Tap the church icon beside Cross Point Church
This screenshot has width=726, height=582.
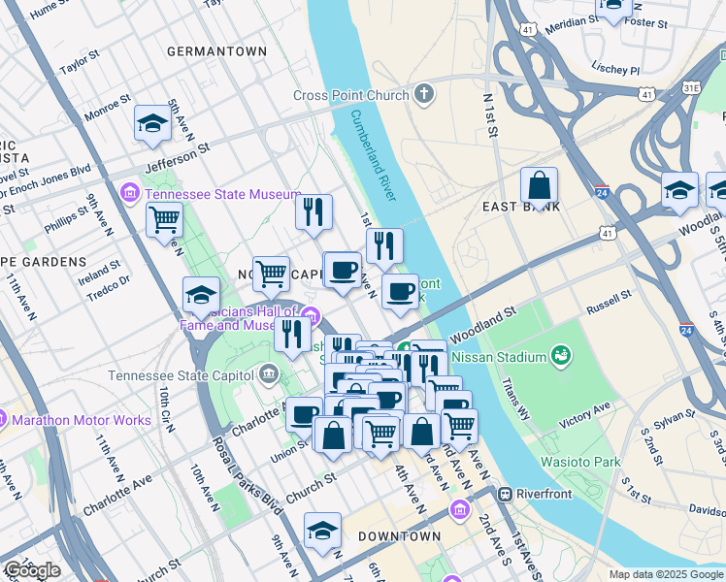[423, 95]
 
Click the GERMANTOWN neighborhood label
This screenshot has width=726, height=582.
[216, 50]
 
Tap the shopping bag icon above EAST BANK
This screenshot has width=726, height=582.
[539, 184]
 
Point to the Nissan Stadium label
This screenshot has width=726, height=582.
[502, 357]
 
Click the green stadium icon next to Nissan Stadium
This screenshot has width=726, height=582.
[560, 357]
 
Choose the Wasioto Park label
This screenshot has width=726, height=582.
[580, 462]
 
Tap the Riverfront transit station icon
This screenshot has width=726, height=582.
[505, 494]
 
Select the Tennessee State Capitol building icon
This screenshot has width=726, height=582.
[269, 375]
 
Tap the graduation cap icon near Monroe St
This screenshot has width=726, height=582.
[152, 122]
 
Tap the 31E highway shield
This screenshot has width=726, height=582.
[691, 87]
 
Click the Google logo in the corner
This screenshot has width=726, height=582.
[32, 570]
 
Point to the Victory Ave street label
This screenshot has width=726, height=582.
[588, 423]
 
